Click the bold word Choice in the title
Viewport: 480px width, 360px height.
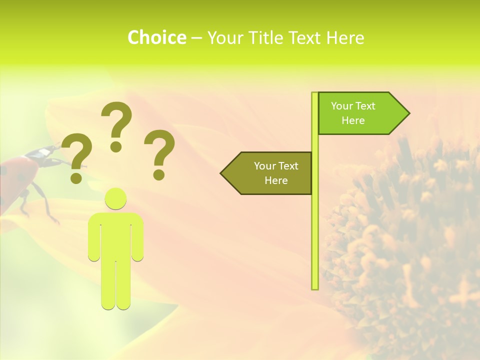156,37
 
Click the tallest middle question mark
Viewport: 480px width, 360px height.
116,125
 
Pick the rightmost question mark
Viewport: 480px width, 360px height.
159,153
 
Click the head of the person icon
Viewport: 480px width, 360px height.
116,198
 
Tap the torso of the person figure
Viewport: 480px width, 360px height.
116,235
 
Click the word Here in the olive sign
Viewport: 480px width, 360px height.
276,180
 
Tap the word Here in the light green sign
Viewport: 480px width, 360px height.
353,120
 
